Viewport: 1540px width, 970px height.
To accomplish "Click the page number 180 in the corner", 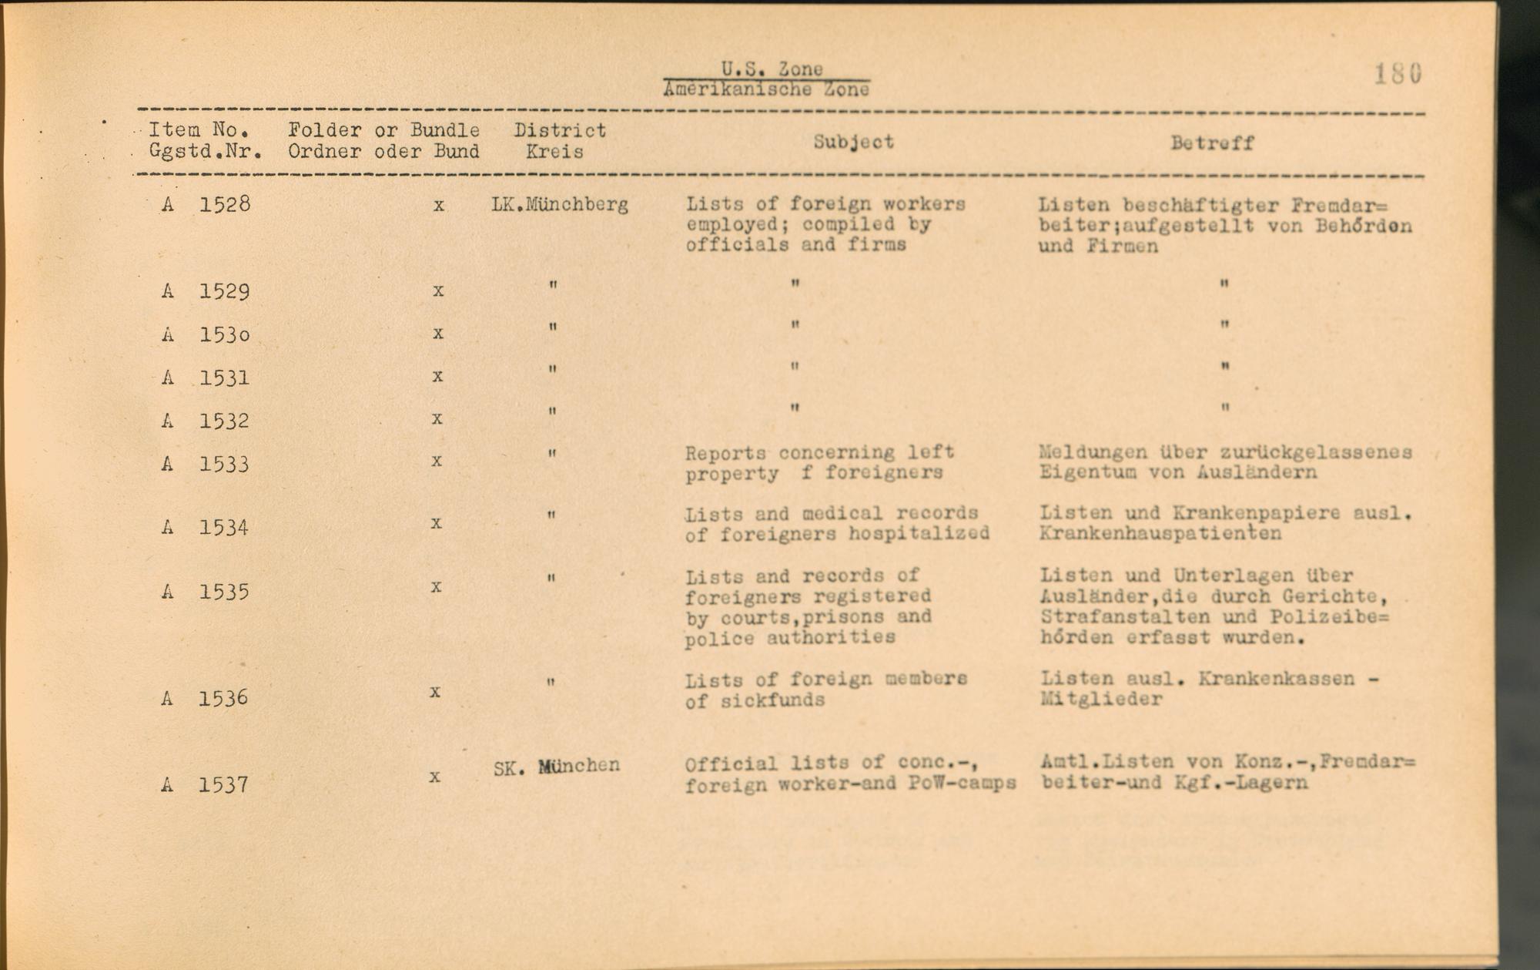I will pos(1398,74).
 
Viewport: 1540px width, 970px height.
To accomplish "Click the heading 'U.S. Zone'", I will pos(772,69).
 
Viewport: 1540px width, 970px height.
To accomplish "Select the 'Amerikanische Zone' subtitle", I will pos(766,89).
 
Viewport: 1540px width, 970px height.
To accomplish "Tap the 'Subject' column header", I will pos(854,142).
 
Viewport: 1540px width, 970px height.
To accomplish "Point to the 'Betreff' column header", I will pos(1212,143).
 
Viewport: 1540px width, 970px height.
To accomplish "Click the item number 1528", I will pos(225,205).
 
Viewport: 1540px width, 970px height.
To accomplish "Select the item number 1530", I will pos(225,334).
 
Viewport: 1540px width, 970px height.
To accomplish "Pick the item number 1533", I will pos(225,464).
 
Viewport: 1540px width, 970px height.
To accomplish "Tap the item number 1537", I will pos(223,784).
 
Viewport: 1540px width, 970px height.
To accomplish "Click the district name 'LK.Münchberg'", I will pos(560,205).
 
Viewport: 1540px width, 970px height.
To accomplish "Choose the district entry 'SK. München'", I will pos(556,767).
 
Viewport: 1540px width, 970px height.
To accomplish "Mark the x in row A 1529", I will pos(438,290).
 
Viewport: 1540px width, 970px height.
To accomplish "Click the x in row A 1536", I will pos(435,692).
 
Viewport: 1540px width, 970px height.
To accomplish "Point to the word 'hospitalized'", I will pos(919,533).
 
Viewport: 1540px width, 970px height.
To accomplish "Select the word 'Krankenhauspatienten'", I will pos(1160,533).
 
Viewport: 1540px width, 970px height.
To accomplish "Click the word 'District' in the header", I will pos(560,130).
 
